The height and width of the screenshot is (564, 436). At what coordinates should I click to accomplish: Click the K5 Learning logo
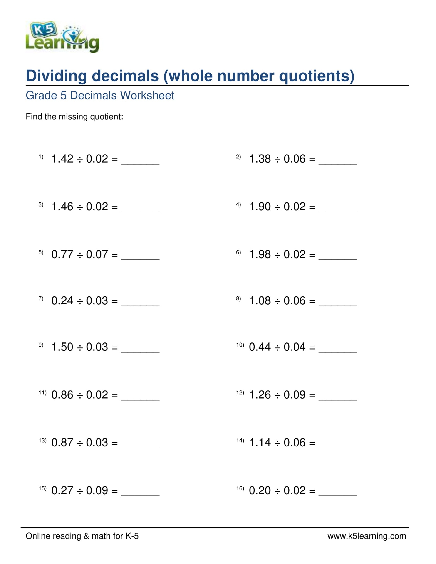(x=62, y=37)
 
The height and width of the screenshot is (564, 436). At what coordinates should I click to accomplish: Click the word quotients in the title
(x=317, y=76)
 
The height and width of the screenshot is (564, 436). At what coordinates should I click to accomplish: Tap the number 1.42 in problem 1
(x=62, y=159)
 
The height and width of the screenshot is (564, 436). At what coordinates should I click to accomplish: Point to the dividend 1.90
(x=260, y=207)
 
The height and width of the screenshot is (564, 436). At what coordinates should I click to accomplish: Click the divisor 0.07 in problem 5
(x=97, y=254)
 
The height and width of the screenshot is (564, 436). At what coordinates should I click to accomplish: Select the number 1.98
(x=260, y=254)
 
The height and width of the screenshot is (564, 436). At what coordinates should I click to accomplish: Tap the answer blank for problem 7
(x=140, y=303)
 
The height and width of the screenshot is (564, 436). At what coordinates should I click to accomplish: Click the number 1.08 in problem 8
(x=260, y=300)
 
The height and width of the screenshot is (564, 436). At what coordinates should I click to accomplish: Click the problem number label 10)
(x=240, y=345)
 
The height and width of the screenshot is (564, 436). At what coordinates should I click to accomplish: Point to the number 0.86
(x=62, y=395)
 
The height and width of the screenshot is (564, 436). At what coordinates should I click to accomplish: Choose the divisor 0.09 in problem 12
(x=294, y=395)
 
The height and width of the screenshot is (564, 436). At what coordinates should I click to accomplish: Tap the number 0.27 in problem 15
(x=62, y=490)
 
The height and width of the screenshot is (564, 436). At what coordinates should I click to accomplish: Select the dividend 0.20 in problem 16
(x=260, y=490)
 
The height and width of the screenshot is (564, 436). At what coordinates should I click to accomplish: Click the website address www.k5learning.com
(x=367, y=536)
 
